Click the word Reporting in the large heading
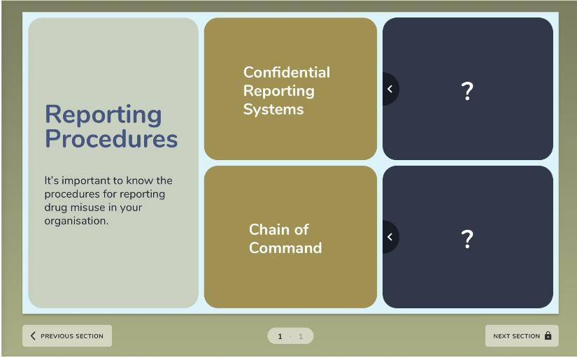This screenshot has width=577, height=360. (104, 115)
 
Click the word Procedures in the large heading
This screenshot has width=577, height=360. (111, 138)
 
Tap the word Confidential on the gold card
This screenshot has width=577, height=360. (287, 72)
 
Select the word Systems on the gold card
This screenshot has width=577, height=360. (273, 109)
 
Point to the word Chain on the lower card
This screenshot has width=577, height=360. (266, 229)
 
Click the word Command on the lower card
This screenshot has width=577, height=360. (285, 248)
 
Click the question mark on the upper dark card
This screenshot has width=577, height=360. (467, 91)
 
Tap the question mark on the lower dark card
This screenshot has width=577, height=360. (467, 239)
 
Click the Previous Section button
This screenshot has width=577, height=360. (67, 336)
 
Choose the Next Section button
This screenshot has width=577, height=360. (522, 336)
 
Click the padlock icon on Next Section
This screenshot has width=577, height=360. (548, 336)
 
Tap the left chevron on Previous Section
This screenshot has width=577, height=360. (33, 336)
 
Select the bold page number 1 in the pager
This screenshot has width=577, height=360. (280, 336)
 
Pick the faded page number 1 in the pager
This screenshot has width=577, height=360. (301, 336)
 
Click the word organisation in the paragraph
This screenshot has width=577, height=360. (76, 221)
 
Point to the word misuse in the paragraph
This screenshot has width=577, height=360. (87, 208)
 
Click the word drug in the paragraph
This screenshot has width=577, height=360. (55, 208)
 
